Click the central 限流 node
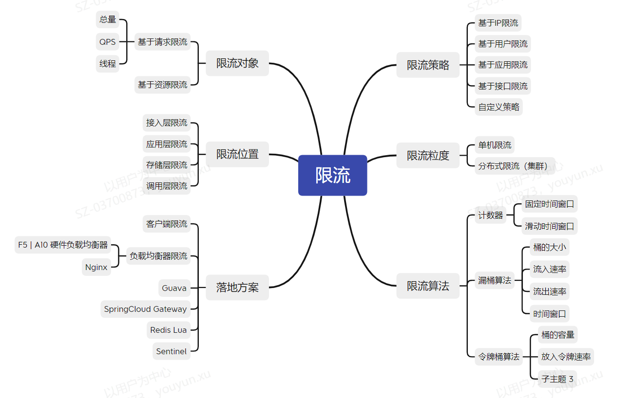point(332,175)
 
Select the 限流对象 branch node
point(237,63)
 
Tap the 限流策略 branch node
point(428,65)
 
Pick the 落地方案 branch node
point(237,287)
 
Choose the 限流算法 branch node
point(428,286)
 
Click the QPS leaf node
point(108,42)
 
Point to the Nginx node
point(96,267)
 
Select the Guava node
point(174,288)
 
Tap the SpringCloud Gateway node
point(145,309)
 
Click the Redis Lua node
point(168,330)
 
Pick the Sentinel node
point(171,351)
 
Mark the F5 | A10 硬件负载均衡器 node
point(63,245)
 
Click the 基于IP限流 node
point(498,23)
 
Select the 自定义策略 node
point(499,107)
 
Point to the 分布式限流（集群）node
point(515,166)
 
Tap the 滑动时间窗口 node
point(549,226)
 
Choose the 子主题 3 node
point(557,379)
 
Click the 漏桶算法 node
point(495,280)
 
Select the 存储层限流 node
point(167,165)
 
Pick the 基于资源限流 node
point(162,85)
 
